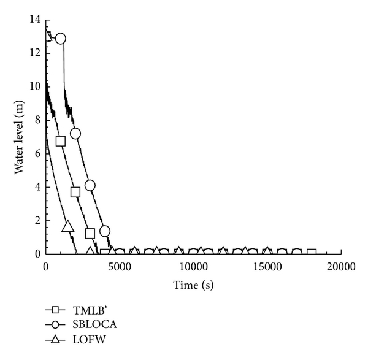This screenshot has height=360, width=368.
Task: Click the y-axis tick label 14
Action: [x=36, y=20]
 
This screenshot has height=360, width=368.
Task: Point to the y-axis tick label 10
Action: [x=36, y=86]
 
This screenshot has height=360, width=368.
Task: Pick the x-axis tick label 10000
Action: [x=193, y=266]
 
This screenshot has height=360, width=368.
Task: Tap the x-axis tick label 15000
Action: [x=267, y=266]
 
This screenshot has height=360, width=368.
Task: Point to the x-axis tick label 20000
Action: [x=341, y=266]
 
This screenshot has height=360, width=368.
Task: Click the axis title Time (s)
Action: [x=193, y=285]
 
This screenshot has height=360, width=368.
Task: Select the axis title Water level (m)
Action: [x=20, y=136]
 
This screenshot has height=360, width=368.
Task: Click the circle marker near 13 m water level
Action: [x=60, y=38]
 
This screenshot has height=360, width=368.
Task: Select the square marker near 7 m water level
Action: [x=60, y=141]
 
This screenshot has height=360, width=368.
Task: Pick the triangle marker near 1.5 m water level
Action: [x=68, y=226]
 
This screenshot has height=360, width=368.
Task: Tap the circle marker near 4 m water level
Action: [x=90, y=185]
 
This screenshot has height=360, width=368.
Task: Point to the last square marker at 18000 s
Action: [x=312, y=253]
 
